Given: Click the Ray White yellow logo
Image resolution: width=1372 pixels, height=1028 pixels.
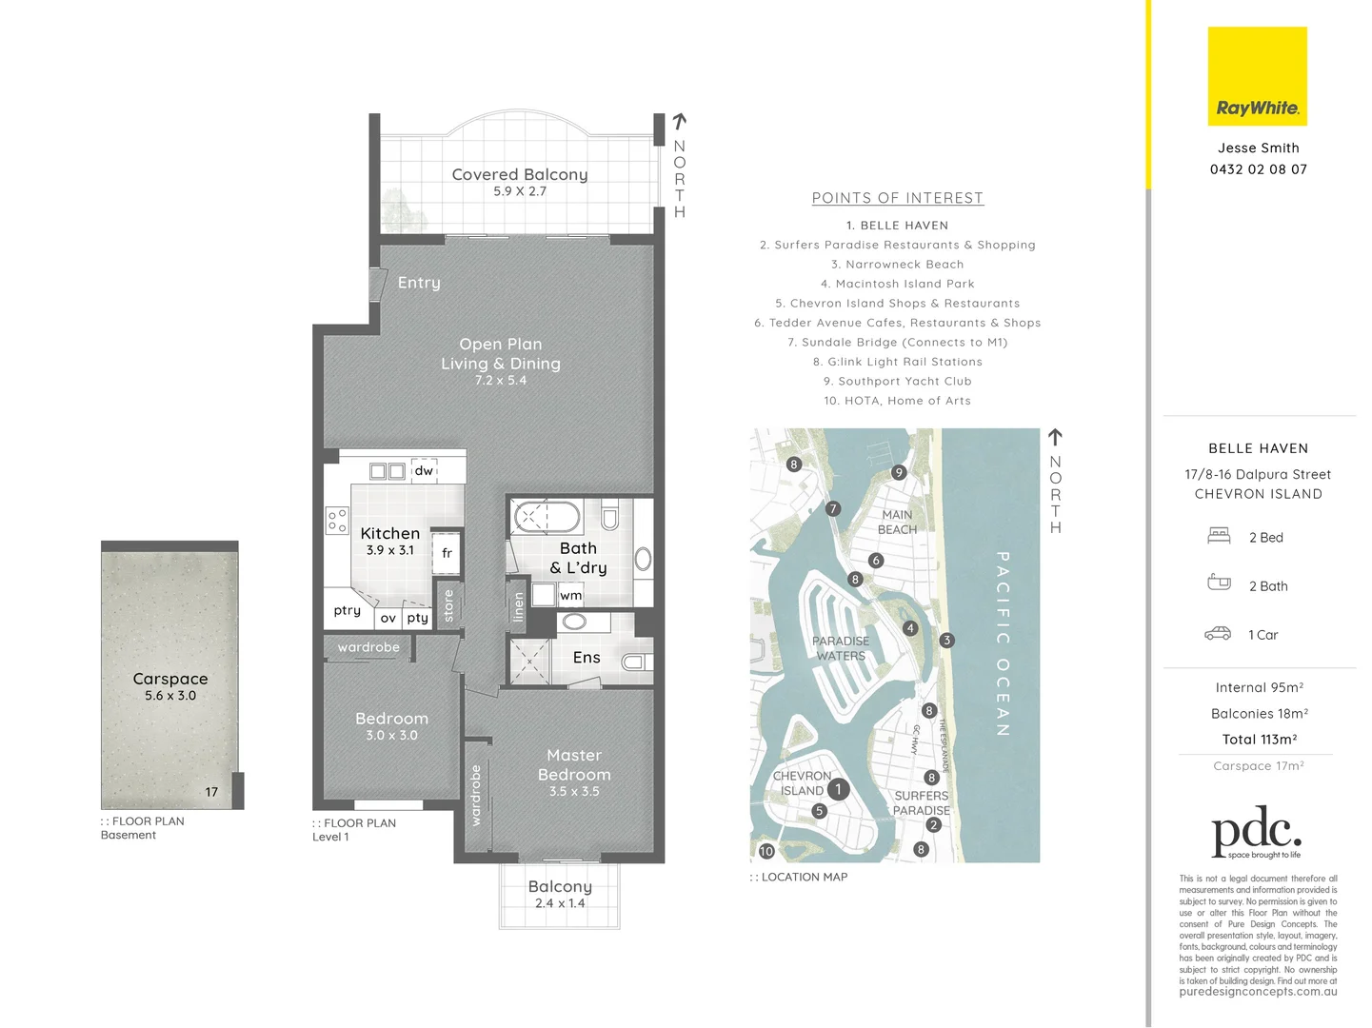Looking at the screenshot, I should coord(1257,76).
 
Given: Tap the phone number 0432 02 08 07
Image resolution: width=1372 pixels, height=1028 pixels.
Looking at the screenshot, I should coord(1258,169).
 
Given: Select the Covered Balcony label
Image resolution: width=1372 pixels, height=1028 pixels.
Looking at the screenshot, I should coord(519,175).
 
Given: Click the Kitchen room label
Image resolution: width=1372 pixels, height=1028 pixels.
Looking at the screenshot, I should coord(389,534).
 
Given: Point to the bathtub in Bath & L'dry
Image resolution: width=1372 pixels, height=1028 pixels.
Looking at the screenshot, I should coord(547,517).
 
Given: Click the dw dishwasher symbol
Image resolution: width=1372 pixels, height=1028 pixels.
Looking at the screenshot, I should coord(424,470).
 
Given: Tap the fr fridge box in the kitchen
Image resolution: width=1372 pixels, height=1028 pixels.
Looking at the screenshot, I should coord(447,553).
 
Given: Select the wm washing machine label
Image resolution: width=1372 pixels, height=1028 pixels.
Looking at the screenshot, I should coord(570,596).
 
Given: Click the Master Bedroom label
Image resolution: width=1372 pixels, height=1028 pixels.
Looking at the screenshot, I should coord(573,765).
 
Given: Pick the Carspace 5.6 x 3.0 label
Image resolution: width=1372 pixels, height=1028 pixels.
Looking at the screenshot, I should coord(170,685).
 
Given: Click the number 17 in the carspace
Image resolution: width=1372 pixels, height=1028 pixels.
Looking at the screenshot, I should coord(211,792).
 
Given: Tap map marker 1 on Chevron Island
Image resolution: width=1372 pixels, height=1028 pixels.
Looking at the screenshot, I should coord(838,789).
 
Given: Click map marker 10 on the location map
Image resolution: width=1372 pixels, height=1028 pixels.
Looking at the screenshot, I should coord(766,851).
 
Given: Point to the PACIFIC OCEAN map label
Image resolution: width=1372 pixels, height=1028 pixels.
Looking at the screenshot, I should coord(1002,643).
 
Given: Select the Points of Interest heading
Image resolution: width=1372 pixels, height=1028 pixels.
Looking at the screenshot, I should coord(897,198).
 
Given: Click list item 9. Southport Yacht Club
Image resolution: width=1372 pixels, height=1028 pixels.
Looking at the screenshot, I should coord(897,381).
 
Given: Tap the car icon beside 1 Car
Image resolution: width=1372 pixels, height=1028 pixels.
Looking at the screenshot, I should coord(1218,634).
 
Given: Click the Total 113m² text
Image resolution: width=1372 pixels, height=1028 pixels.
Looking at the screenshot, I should coord(1259,740).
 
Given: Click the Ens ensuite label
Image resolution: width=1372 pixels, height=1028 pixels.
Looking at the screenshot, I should coord(587,658).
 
